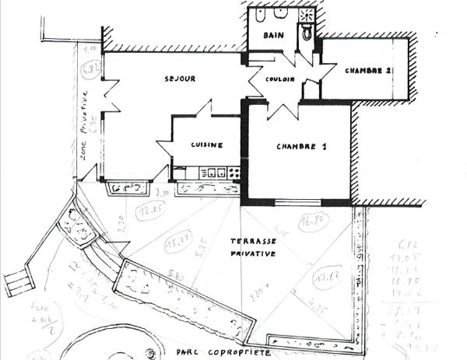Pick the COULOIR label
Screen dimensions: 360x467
tap(279, 79)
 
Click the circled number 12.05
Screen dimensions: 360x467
tap(148, 211)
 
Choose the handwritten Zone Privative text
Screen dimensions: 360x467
tap(84, 128)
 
